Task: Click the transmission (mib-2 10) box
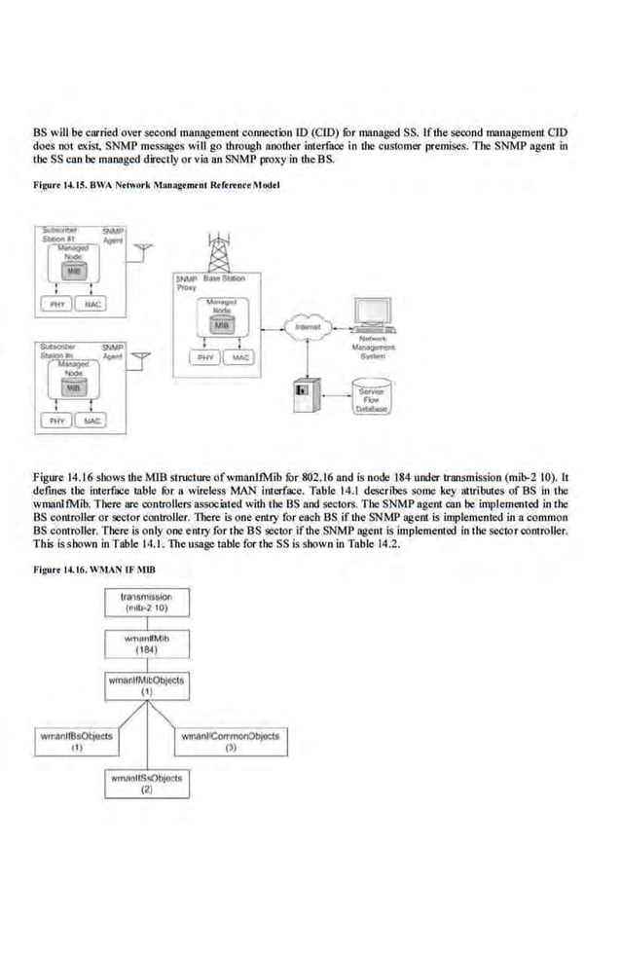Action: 146,601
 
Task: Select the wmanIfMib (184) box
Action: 146,644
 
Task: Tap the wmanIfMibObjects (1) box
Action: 146,686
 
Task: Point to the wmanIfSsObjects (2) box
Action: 146,785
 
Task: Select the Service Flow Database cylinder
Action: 370,397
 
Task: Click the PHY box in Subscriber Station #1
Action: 54,305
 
